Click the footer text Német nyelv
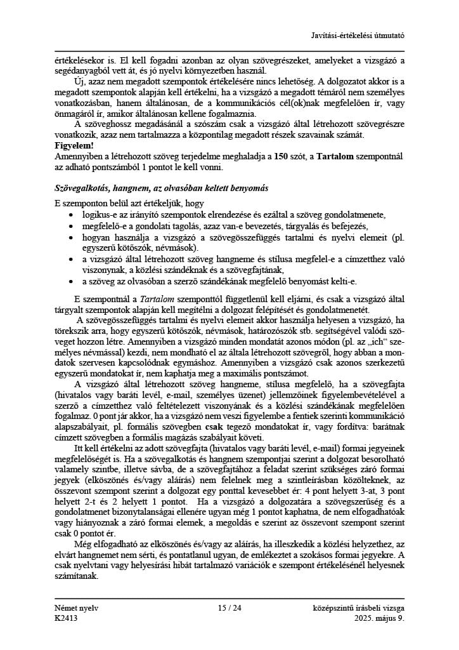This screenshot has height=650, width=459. coord(77,608)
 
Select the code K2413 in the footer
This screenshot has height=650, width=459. coord(67,618)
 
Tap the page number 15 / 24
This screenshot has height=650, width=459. coord(229,608)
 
